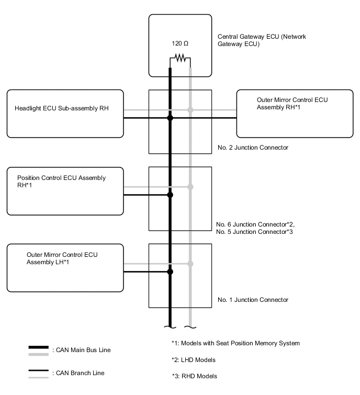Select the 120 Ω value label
click(179, 44)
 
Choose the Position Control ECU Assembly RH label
click(61, 181)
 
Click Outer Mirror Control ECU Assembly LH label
click(62, 258)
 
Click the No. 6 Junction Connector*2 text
click(252, 224)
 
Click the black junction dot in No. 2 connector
click(170, 118)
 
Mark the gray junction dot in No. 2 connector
click(190, 110)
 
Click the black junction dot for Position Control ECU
click(170, 195)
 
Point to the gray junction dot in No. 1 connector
click(190, 263)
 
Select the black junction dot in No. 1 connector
click(170, 272)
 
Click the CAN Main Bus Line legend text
click(81, 349)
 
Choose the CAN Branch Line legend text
click(78, 373)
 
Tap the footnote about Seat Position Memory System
click(235, 343)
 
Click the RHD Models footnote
click(194, 376)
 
